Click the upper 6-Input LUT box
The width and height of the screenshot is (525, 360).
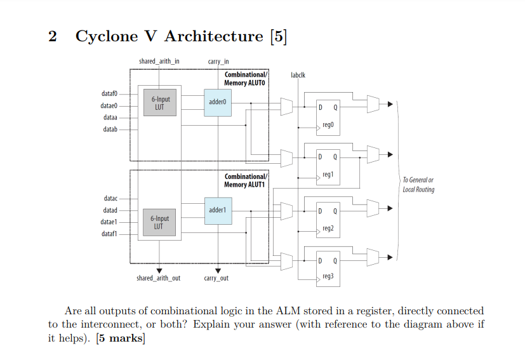coord(161,103)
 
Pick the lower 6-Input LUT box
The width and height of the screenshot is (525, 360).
coord(159,222)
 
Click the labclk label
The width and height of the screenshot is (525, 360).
coord(298,75)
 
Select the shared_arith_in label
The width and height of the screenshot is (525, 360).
coord(159,61)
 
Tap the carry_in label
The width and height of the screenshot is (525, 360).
coord(218,61)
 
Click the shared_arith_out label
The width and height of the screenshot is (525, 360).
coord(159,279)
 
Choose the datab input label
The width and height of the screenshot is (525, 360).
coord(110,129)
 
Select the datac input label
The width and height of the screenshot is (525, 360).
coord(110,199)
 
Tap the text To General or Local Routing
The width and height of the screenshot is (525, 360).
coord(418,185)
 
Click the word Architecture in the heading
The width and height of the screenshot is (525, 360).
coord(213,36)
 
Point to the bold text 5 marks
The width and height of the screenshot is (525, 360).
coord(120,338)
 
